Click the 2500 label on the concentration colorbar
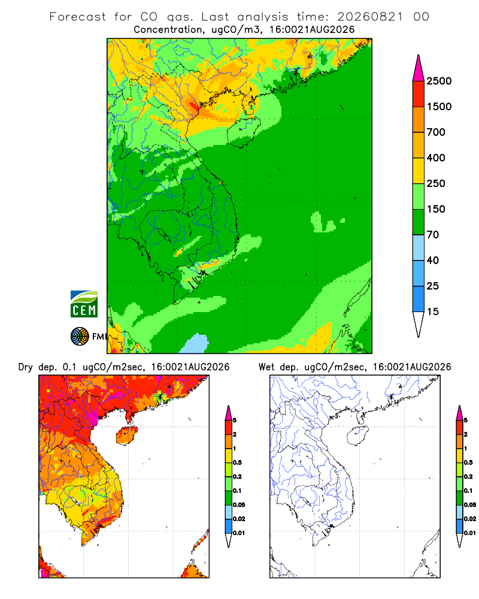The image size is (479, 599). pyautogui.click(x=439, y=81)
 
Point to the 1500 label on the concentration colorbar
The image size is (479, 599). pyautogui.click(x=439, y=107)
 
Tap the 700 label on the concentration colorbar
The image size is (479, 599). pyautogui.click(x=436, y=132)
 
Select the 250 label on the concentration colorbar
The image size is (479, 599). pyautogui.click(x=436, y=183)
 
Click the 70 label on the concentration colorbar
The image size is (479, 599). pyautogui.click(x=433, y=235)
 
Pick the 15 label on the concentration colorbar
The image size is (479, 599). pyautogui.click(x=433, y=311)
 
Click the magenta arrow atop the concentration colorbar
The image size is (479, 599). pyautogui.click(x=419, y=68)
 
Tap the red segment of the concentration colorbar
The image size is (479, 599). pyautogui.click(x=419, y=94)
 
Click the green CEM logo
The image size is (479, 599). pyautogui.click(x=84, y=304)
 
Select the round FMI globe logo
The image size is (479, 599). pyautogui.click(x=80, y=337)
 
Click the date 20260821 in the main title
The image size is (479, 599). pyautogui.click(x=370, y=17)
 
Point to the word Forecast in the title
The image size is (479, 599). pyautogui.click(x=78, y=17)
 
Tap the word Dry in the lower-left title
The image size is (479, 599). pyautogui.click(x=25, y=367)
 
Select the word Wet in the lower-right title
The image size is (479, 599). pyautogui.click(x=266, y=367)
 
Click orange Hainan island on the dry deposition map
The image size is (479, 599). pyautogui.click(x=126, y=435)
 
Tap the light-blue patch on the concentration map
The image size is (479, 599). pyautogui.click(x=195, y=343)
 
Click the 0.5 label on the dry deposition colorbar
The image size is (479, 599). pyautogui.click(x=238, y=462)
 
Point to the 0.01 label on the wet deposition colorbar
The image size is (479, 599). pyautogui.click(x=470, y=533)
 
